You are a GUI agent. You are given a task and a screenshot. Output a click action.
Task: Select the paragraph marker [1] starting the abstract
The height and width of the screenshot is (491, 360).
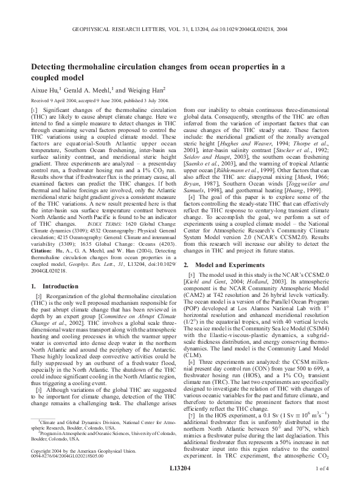point(34,110)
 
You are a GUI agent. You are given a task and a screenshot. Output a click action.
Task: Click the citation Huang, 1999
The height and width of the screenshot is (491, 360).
point(310,173)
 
